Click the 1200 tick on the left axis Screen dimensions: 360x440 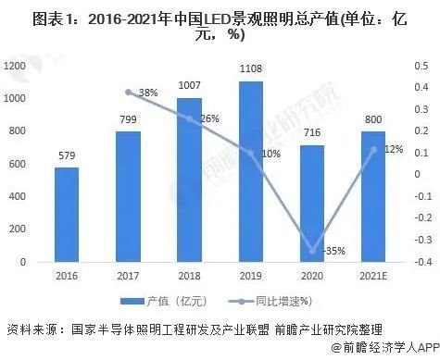[15, 66]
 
